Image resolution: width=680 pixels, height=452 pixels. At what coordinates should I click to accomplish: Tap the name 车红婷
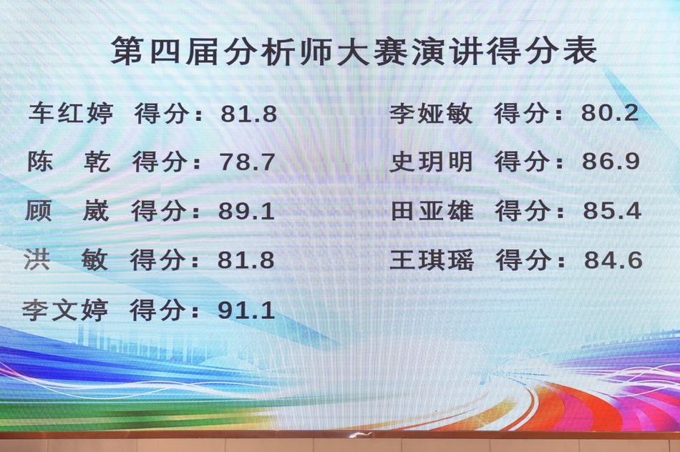(71, 114)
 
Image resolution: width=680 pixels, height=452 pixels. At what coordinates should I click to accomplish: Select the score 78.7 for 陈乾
(248, 162)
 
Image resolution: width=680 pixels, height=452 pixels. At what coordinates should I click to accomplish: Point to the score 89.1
(247, 211)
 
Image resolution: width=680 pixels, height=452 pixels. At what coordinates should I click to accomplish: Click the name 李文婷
(65, 310)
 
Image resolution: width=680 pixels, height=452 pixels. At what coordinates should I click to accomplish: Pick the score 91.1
(246, 310)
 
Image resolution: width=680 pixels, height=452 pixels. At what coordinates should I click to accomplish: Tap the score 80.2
(610, 114)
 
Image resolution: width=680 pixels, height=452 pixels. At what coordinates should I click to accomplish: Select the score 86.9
(611, 162)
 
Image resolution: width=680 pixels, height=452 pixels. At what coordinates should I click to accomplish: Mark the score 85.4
(611, 211)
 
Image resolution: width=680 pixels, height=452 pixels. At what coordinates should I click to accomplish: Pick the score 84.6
(613, 260)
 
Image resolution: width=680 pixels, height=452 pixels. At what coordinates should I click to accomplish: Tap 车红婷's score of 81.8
(248, 114)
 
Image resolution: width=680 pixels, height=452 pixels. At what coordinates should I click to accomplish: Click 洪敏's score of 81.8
(246, 260)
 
